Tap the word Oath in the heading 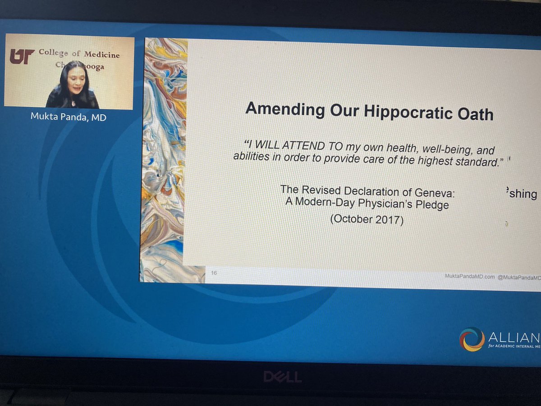(x=475, y=114)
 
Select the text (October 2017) (x=367, y=220)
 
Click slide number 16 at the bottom (x=214, y=272)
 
